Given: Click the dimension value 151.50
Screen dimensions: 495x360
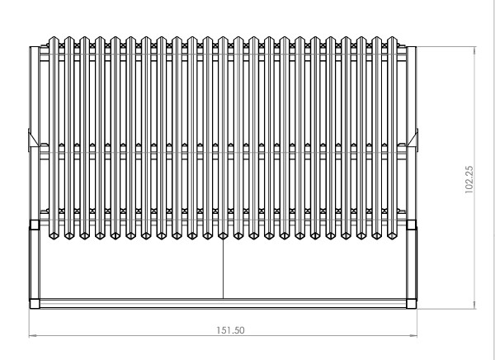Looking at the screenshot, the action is (x=230, y=330).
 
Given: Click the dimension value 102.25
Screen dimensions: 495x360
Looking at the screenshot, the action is (x=469, y=179).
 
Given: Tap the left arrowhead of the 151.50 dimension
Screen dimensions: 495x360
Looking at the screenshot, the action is (x=33, y=336).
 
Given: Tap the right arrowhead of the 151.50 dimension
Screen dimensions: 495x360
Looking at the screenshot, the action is (x=413, y=336).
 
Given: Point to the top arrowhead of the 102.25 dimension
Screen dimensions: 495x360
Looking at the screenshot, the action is (x=474, y=50).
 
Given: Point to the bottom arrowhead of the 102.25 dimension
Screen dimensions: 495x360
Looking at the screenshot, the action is (x=474, y=305).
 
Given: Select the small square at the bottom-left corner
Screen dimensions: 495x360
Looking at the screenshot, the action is (x=35, y=304).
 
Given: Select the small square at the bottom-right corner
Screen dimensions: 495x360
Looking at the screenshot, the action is (x=412, y=304).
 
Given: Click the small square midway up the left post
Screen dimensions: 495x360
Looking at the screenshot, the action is (x=35, y=225).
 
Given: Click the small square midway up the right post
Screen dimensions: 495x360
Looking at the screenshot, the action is (x=412, y=225).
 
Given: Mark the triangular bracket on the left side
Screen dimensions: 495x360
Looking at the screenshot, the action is (x=33, y=140).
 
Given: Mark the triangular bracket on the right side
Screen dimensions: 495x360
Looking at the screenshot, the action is (x=413, y=140).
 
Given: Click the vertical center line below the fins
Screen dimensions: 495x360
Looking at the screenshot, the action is (x=224, y=268).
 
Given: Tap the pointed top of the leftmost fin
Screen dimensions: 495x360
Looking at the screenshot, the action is (x=54, y=37).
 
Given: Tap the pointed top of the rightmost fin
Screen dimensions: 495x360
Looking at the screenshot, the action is (x=392, y=37).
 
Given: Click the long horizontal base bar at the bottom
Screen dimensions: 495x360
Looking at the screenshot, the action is (x=223, y=303).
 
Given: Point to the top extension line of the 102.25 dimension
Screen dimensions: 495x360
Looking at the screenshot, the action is (x=446, y=46).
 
